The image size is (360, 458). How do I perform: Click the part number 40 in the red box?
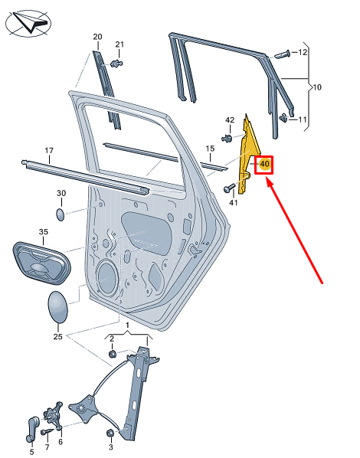264,164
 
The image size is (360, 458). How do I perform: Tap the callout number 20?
97,37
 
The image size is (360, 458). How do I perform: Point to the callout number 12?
303,52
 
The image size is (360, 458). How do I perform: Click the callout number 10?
317,87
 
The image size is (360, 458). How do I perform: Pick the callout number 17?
48,150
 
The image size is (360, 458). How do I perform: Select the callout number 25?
57,335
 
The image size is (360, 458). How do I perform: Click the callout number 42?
230,120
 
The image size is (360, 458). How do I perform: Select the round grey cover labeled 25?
58,308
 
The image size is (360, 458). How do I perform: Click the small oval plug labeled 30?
61,211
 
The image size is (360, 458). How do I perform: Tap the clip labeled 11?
285,117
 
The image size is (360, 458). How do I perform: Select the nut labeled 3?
110,433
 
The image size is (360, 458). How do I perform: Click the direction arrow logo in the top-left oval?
28,22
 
